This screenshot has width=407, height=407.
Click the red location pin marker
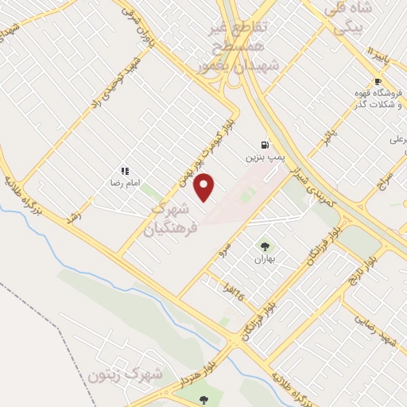[x=204, y=187]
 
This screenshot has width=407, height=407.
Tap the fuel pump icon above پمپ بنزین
[x=263, y=145]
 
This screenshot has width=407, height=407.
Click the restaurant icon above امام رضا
[x=125, y=170]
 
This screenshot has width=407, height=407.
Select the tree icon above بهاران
[x=264, y=246]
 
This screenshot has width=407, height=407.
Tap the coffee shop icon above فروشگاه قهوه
[x=378, y=82]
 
